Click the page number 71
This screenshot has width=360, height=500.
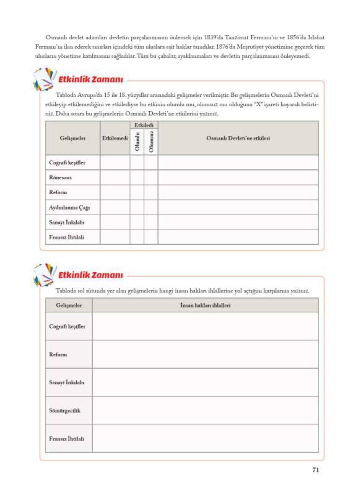pos(315,470)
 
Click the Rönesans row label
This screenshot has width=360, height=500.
pos(60,178)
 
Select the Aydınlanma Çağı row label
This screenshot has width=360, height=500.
pos(69,207)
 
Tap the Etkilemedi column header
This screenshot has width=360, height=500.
pos(115,138)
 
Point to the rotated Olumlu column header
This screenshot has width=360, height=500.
pos(137,142)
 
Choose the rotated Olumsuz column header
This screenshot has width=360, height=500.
pos(151,142)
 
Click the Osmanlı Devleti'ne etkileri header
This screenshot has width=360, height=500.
pos(238,138)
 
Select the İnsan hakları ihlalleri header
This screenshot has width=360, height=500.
pos(205,305)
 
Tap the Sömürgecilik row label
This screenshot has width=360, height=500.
pos(64,411)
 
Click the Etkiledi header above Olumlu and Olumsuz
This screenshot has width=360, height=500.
pos(144,125)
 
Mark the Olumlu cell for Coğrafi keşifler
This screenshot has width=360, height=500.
pos(137,163)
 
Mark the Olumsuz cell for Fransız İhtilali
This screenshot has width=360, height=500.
pos(151,237)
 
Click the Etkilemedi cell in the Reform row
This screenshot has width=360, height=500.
pos(115,192)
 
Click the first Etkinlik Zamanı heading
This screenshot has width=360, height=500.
pos(90,80)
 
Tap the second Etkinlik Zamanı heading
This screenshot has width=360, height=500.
pos(90,275)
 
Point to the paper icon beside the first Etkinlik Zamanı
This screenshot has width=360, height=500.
pos(44,79)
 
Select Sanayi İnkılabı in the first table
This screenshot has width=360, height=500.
pos(67,222)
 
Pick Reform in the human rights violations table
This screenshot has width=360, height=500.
pos(58,355)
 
